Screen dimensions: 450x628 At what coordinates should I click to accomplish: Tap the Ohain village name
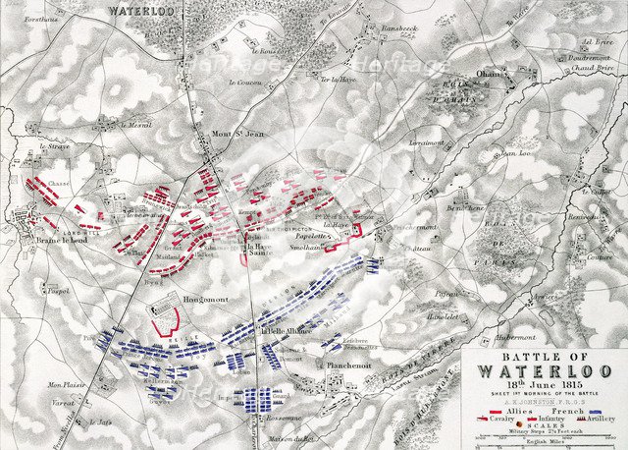(x=460, y=75)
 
